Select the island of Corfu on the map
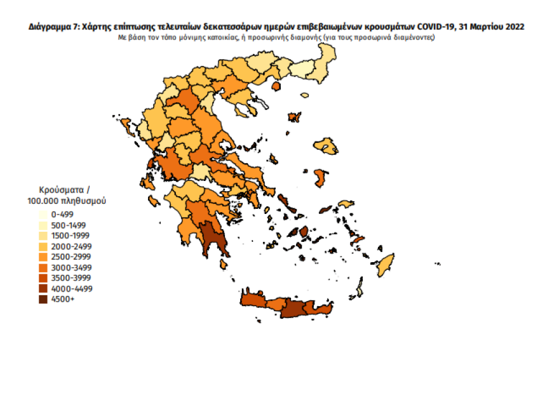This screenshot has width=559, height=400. pyautogui.click(x=125, y=124)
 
